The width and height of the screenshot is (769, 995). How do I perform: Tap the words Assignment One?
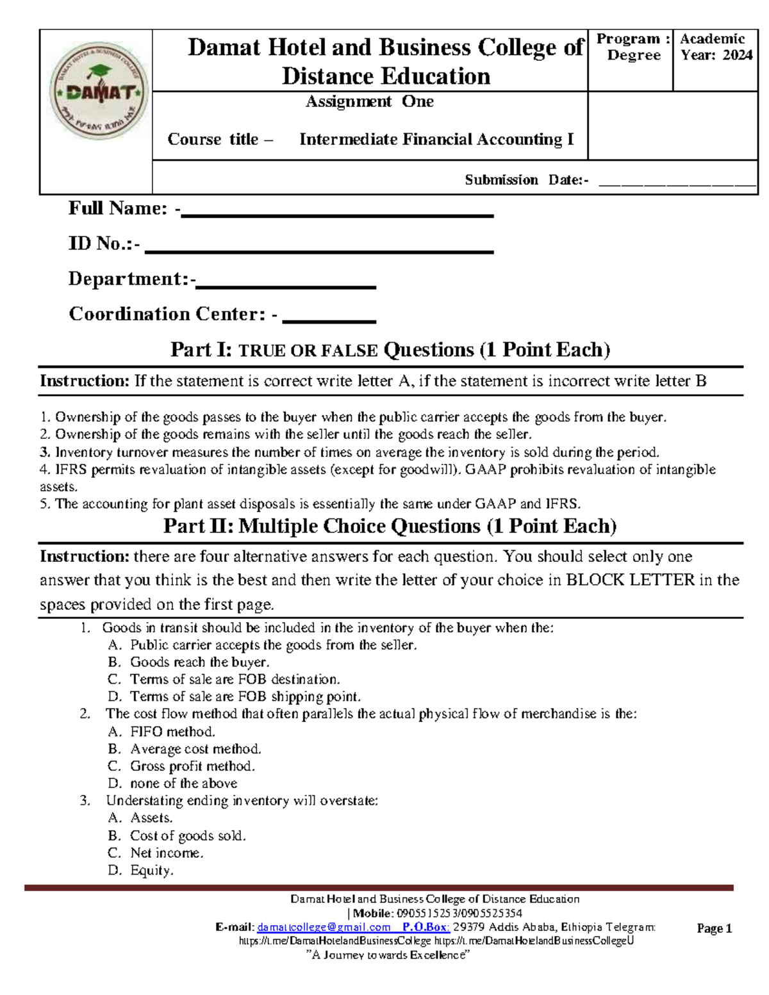point(369,102)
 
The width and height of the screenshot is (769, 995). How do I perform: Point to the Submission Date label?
point(526,180)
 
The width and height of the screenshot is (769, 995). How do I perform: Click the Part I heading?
point(390,350)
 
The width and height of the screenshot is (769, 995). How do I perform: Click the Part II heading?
point(390,526)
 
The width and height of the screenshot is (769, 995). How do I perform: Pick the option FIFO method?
point(172,732)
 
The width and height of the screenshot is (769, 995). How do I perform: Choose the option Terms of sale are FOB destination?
point(235,679)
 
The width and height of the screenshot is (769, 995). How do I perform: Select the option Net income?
point(167,853)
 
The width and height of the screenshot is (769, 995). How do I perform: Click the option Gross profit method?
point(192,766)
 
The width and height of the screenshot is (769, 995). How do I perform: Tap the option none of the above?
point(183,784)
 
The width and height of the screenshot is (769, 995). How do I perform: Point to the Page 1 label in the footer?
point(714,928)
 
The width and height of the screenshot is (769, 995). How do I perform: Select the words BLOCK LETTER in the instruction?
point(631,580)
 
